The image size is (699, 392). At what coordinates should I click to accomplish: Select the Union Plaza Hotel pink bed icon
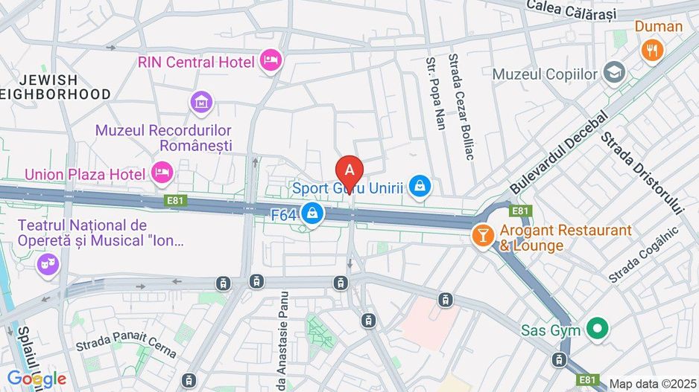162,173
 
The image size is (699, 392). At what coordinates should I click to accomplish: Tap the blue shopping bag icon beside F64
313,213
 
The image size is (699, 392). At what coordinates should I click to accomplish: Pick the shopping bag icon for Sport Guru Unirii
421,186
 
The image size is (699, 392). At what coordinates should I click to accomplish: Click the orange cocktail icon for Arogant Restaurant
484,237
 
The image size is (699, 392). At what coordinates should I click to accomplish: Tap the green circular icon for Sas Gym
597,327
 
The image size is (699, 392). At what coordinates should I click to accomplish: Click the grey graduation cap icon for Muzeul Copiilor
615,73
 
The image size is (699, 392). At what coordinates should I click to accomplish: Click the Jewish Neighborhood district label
56,87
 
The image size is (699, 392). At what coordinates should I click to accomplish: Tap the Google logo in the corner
37,379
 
